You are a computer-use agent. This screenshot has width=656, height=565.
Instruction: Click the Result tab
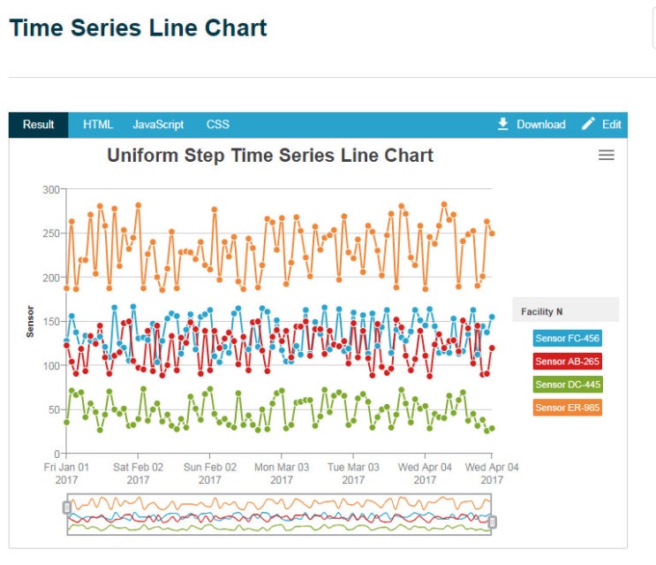pyautogui.click(x=39, y=125)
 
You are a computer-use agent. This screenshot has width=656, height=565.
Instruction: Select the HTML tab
pyautogui.click(x=98, y=125)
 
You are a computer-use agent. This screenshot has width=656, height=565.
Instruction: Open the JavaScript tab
pyautogui.click(x=158, y=125)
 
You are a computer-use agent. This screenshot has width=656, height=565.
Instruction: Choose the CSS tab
pyautogui.click(x=217, y=125)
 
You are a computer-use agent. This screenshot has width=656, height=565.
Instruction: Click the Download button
pyautogui.click(x=532, y=125)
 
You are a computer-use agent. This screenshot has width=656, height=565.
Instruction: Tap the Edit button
pyautogui.click(x=601, y=125)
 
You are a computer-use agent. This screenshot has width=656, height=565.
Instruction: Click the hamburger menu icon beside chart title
pyautogui.click(x=607, y=155)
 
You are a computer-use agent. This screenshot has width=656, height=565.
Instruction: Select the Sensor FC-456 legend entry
pyautogui.click(x=568, y=338)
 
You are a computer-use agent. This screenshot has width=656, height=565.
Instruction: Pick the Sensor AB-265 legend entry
pyautogui.click(x=568, y=361)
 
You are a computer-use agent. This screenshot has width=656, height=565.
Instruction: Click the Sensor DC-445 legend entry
pyautogui.click(x=568, y=385)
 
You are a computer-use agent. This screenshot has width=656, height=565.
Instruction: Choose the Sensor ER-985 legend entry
pyautogui.click(x=568, y=408)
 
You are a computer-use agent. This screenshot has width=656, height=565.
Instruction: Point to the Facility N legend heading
pyautogui.click(x=542, y=311)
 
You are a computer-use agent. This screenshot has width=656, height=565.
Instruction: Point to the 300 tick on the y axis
pyautogui.click(x=51, y=190)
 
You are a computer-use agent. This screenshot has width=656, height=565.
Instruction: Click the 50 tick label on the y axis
pyautogui.click(x=54, y=409)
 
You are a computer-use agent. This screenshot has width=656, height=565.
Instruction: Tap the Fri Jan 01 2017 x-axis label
pyautogui.click(x=66, y=473)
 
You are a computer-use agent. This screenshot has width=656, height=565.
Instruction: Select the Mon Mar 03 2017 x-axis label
pyautogui.click(x=282, y=473)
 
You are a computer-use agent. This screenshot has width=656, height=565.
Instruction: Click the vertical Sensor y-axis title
pyautogui.click(x=30, y=322)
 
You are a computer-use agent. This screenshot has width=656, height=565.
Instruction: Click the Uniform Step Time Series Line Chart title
pyautogui.click(x=270, y=156)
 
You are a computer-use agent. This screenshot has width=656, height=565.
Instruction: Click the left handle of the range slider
pyautogui.click(x=67, y=508)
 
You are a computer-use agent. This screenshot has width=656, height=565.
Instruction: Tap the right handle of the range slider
pyautogui.click(x=493, y=523)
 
